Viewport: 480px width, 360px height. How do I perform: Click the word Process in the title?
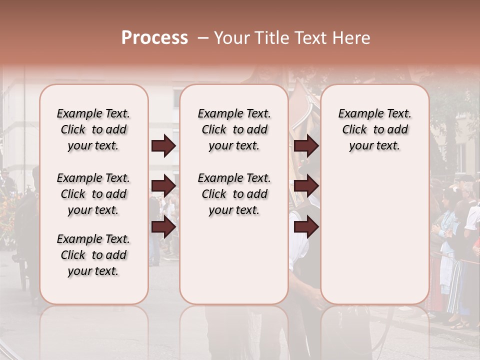tap(154, 38)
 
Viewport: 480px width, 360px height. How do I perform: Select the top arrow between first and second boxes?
tap(163, 146)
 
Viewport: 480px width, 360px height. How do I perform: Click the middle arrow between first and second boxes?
tap(163, 186)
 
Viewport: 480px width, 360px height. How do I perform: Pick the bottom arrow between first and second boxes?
tap(163, 227)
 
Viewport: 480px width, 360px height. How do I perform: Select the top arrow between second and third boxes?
tap(306, 146)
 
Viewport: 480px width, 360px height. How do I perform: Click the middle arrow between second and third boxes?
tap(306, 186)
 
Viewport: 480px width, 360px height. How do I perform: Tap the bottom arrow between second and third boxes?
tap(306, 227)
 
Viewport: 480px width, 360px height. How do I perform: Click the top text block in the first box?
tap(93, 129)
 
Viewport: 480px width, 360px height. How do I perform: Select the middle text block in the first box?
tap(93, 194)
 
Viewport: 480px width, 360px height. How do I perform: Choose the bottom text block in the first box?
tap(93, 255)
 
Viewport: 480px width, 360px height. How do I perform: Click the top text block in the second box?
tap(234, 129)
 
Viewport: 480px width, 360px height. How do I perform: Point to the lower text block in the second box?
tap(234, 194)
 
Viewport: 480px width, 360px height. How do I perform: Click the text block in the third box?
tap(374, 129)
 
